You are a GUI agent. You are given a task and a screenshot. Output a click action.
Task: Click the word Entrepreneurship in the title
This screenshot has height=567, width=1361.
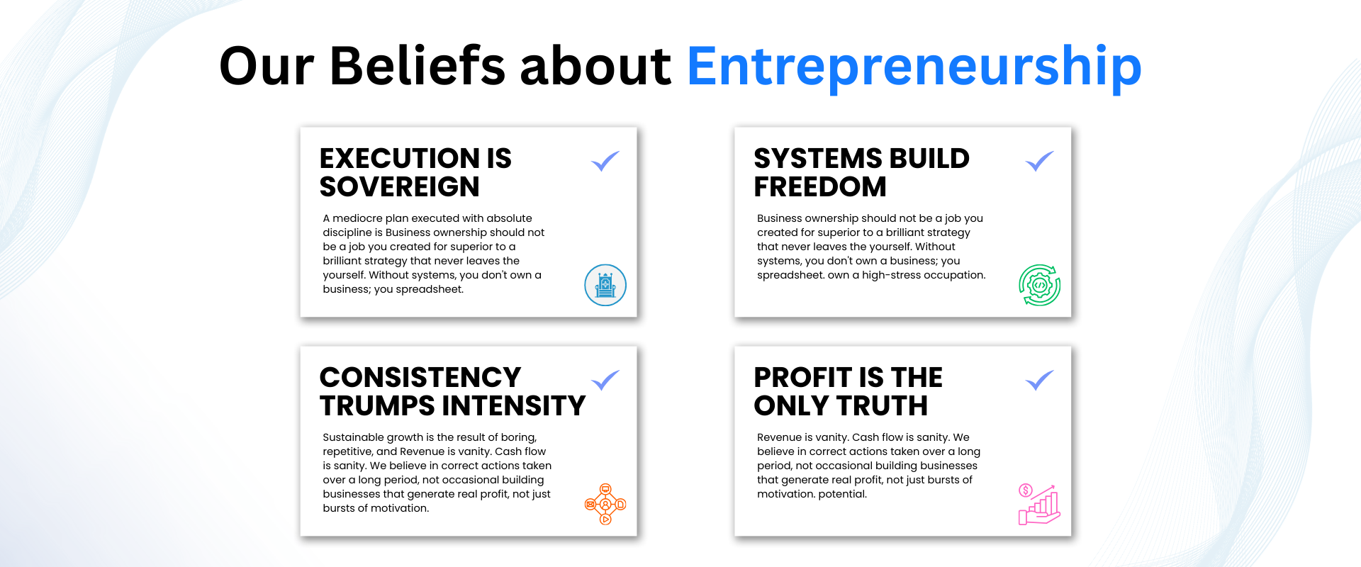tap(914, 67)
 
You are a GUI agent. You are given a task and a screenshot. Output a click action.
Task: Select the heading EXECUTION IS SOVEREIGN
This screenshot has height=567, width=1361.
tap(415, 172)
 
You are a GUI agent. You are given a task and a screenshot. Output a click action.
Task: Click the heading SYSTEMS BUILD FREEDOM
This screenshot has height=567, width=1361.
tap(861, 172)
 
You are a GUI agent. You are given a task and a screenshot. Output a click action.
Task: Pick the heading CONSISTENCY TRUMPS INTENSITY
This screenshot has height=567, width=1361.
tap(452, 391)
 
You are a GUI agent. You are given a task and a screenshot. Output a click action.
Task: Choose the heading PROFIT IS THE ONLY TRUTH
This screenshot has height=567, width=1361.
tap(848, 391)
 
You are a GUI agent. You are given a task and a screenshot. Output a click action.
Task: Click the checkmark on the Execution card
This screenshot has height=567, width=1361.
tap(605, 161)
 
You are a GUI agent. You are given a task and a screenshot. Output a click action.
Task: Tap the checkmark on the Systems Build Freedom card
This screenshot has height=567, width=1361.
tap(1039, 161)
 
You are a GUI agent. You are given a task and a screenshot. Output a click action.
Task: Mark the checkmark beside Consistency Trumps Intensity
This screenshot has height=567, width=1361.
tap(605, 380)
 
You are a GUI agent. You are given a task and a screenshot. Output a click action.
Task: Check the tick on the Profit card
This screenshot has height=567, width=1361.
tap(1039, 380)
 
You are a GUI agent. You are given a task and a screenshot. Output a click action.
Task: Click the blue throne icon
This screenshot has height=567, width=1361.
tap(605, 285)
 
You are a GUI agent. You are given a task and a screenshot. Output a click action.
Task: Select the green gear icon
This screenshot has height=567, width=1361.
tap(1040, 285)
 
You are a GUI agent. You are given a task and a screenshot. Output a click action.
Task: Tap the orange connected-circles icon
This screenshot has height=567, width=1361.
tap(605, 504)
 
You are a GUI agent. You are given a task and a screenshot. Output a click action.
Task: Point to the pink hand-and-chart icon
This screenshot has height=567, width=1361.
tap(1039, 504)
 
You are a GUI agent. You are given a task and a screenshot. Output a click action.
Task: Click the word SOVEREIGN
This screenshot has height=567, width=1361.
tap(400, 186)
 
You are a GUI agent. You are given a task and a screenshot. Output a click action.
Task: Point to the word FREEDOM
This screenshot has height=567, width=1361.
tap(820, 186)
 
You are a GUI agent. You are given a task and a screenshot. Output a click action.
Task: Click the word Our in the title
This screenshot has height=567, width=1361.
tap(267, 66)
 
